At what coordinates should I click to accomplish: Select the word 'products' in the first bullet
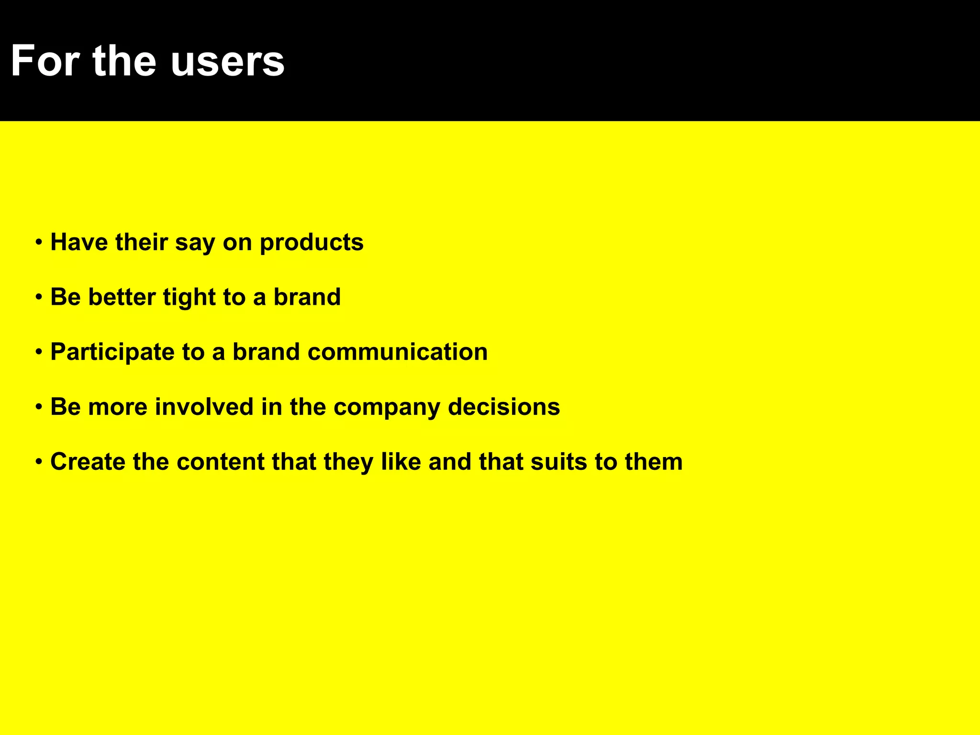click(312, 243)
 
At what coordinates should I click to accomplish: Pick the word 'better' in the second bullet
click(122, 297)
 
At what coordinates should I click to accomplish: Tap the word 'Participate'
click(112, 353)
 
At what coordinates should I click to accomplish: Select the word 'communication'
click(398, 352)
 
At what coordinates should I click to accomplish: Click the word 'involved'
click(204, 407)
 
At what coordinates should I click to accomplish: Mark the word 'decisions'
click(504, 407)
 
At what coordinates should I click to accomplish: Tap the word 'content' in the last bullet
click(221, 462)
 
